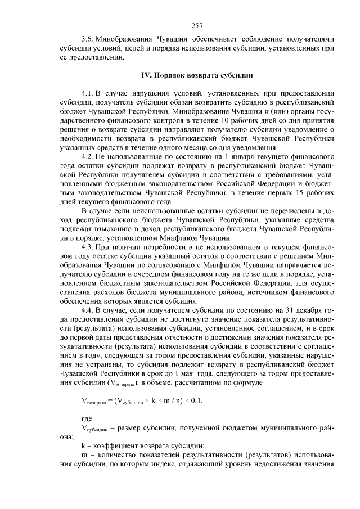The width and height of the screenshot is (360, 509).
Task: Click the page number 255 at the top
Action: tap(196, 25)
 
